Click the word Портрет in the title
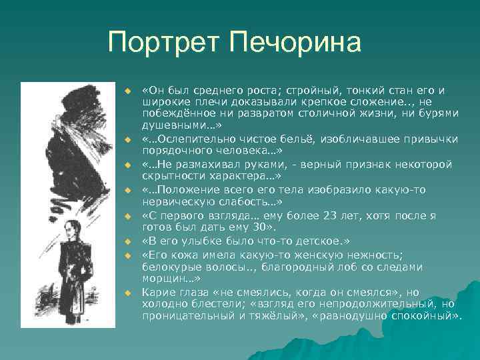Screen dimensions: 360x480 (x=164, y=43)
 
